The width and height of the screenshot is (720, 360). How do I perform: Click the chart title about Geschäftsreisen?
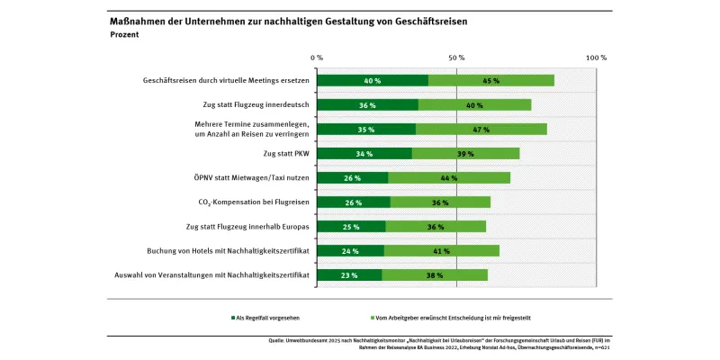pyautogui.click(x=288, y=20)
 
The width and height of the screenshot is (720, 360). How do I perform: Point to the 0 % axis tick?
pyautogui.click(x=316, y=57)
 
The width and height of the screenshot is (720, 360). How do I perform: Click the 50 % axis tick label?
pyautogui.click(x=456, y=57)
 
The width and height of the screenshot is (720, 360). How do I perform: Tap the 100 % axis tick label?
pyautogui.click(x=596, y=57)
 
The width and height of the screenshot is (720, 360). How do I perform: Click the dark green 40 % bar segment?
pyautogui.click(x=373, y=80)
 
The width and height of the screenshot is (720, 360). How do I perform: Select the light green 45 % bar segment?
pyautogui.click(x=491, y=80)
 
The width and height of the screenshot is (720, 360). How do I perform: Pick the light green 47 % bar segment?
pyautogui.click(x=481, y=129)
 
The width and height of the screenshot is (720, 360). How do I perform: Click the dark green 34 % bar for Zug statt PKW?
pyautogui.click(x=364, y=153)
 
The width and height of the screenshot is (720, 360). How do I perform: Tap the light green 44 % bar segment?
pyautogui.click(x=449, y=177)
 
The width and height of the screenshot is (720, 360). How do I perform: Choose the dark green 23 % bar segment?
pyautogui.click(x=348, y=274)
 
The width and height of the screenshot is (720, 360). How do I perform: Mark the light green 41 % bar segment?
pyautogui.click(x=441, y=250)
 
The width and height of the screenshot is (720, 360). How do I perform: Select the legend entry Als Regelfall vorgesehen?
pyautogui.click(x=268, y=318)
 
